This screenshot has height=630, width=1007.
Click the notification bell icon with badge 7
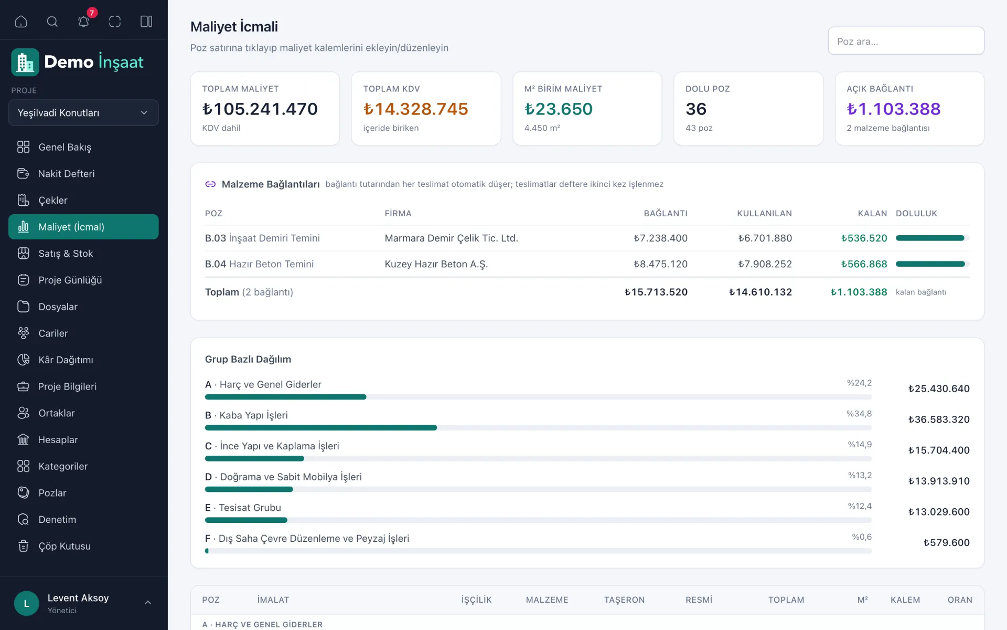[x=84, y=21]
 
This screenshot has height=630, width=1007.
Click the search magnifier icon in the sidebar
[x=52, y=22]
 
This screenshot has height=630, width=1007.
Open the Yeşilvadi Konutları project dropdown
[x=83, y=113]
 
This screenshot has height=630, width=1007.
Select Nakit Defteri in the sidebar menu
[x=66, y=174]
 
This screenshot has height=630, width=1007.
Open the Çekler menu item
[x=52, y=201]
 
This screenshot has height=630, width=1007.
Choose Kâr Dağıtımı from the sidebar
[x=66, y=360]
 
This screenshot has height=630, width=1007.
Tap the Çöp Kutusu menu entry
[x=64, y=546]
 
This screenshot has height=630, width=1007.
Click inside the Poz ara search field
[x=906, y=41]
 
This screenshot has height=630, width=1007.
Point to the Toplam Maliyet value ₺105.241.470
[x=260, y=109]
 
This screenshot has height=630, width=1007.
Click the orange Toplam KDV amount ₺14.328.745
[x=415, y=109]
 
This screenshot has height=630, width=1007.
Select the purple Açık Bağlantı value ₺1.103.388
[x=893, y=109]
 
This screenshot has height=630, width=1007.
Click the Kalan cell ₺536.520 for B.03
[x=864, y=238]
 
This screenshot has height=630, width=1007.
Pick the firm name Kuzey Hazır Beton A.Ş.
[x=436, y=264]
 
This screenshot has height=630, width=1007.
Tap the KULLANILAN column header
[x=764, y=214]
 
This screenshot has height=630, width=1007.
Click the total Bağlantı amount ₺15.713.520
[x=656, y=292]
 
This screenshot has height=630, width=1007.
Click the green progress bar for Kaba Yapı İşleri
[x=321, y=428]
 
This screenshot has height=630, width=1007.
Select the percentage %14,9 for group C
[x=860, y=445]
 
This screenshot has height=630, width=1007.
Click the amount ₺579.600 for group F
[x=946, y=543]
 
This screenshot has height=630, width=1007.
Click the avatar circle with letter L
[x=27, y=604]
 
